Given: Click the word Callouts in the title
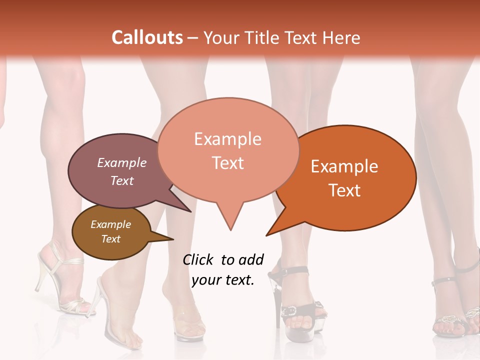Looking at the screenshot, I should tap(147, 37).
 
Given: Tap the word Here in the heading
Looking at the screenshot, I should tap(341, 37).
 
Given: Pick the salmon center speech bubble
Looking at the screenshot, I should tap(228, 150).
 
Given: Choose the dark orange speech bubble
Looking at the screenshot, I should tap(350, 177).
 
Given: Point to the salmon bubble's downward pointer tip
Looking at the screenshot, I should tap(230, 230).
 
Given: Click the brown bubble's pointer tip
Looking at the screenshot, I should tap(173, 239).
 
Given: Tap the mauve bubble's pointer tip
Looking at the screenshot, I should tap(191, 211).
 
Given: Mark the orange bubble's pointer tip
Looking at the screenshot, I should tap(266, 235).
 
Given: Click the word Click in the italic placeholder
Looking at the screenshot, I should tap(198, 260).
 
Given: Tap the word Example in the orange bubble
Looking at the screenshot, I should tap(344, 166).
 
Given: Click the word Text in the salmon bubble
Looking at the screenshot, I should tap(228, 162).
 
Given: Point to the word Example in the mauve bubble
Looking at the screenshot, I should tap(122, 162).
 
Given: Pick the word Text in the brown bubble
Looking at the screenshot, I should tap(111, 239).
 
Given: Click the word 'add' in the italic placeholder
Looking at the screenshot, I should tap(250, 260).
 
